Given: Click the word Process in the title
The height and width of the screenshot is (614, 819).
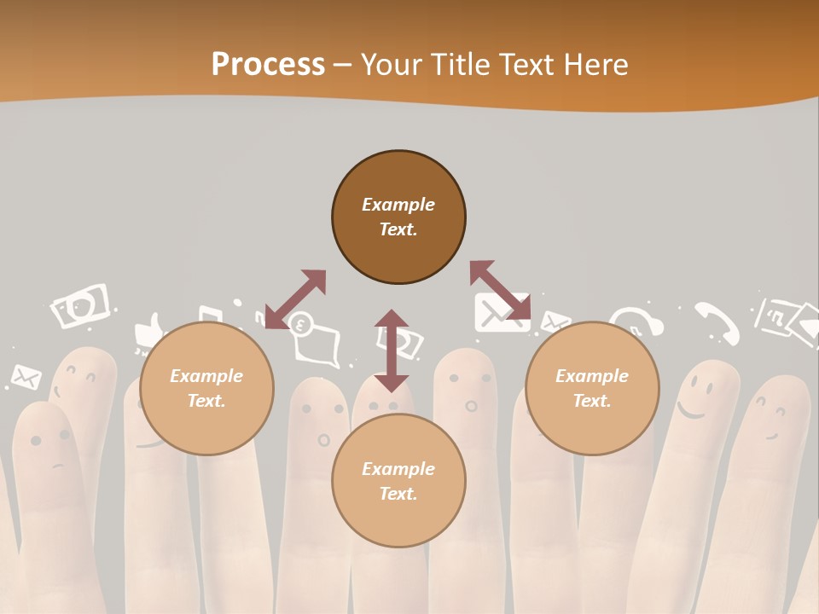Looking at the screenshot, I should tap(268, 64).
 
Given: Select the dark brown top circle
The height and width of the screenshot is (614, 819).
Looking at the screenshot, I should tap(398, 217).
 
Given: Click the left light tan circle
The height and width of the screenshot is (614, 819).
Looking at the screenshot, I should tap(206, 389).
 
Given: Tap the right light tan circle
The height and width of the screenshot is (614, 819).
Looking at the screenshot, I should tap(592, 389).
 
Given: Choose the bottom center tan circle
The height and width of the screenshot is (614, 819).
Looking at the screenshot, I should tap(398, 481).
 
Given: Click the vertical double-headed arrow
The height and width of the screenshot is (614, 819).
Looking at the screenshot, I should tap(392, 350).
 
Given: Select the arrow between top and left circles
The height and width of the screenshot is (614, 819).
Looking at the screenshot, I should tap(296, 298).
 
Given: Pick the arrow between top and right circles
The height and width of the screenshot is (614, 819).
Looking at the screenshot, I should tap(500, 290).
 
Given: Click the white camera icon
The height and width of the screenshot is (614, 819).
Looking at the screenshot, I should tap(81, 305).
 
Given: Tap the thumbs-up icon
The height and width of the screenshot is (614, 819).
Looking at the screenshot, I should tap(148, 333).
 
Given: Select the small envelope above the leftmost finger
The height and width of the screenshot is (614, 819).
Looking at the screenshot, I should tap(26, 376).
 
